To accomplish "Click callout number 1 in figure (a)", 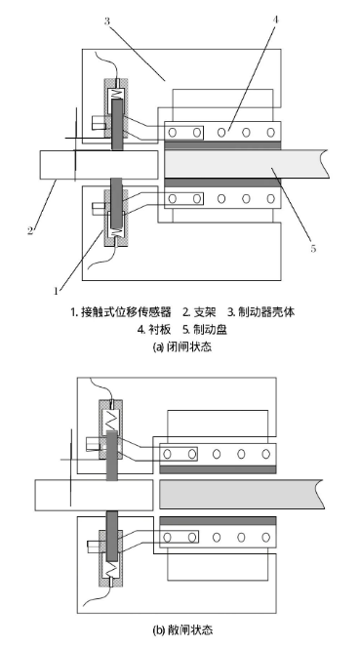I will click(57, 290).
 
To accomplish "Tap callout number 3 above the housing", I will click(108, 19).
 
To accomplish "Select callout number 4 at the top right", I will click(276, 19).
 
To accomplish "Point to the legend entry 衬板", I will click(156, 329).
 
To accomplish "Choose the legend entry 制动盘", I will click(213, 329).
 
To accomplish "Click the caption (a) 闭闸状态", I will click(180, 346).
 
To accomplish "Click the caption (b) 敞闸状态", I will click(180, 629).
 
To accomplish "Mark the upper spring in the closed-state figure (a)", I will click(116, 96).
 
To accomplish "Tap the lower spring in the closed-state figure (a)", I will click(116, 232).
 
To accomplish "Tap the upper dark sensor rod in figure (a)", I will click(116, 128).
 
